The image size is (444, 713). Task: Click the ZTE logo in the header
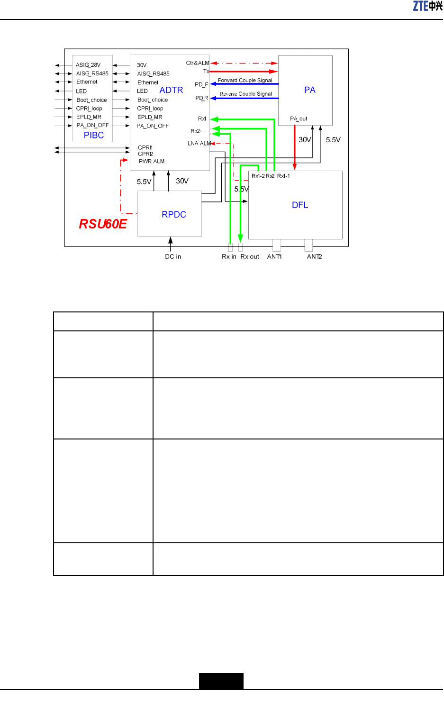click(x=427, y=6)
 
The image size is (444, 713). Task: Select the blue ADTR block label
click(x=171, y=90)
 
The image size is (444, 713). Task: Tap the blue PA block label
click(x=309, y=90)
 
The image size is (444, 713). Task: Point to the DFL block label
click(x=300, y=205)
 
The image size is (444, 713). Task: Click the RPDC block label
click(x=174, y=214)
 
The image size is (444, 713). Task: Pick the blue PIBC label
click(x=94, y=135)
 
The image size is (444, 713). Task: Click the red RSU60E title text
click(x=103, y=224)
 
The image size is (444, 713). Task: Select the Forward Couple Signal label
click(x=245, y=80)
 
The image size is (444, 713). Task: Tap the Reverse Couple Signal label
click(x=246, y=94)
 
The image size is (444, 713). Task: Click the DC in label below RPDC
click(x=173, y=256)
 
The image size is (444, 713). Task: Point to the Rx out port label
click(x=250, y=256)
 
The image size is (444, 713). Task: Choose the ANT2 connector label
click(x=314, y=256)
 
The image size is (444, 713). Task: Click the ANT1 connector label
click(x=274, y=256)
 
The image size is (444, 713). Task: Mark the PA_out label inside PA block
click(x=299, y=119)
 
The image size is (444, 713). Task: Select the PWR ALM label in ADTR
click(x=152, y=161)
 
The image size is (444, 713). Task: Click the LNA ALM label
click(x=199, y=143)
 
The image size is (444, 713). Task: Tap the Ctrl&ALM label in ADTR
click(x=198, y=63)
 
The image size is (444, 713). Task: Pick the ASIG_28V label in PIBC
click(x=88, y=65)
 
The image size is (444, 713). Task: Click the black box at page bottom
click(x=221, y=681)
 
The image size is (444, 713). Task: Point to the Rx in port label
click(x=229, y=256)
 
